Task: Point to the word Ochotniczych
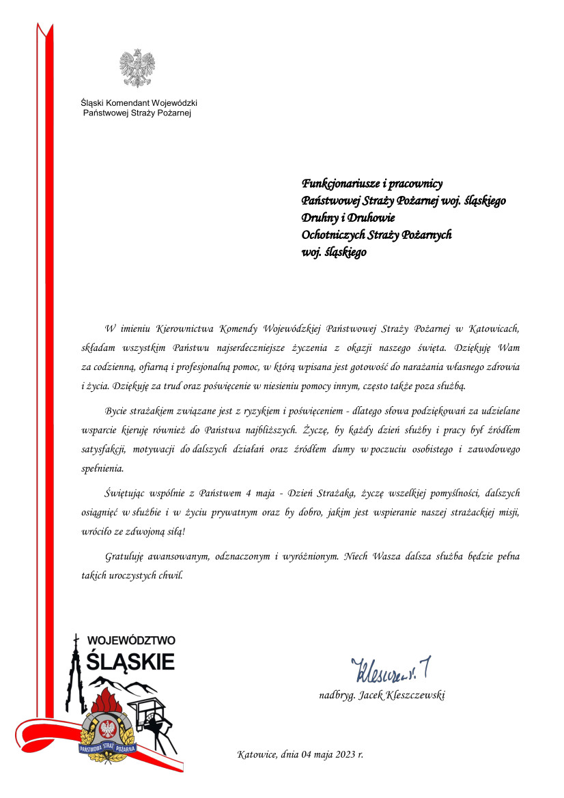(x=335, y=235)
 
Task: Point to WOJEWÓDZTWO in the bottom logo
(x=132, y=641)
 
